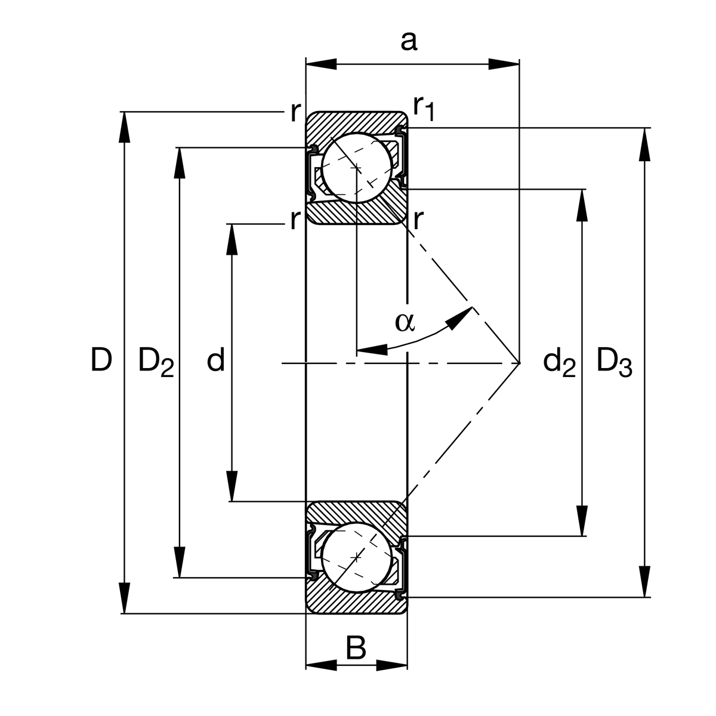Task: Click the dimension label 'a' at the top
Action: point(408,42)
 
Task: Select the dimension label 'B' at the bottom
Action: point(356,647)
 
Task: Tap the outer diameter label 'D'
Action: point(101,360)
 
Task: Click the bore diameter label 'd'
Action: point(216,361)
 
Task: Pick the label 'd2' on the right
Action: point(559,362)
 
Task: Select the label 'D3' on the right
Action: point(614,362)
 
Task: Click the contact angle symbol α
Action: point(404,322)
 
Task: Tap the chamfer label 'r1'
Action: point(424,108)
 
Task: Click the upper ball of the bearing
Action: point(356,168)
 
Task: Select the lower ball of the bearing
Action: point(356,556)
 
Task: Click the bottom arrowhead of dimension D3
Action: point(644,581)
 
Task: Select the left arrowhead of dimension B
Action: point(321,665)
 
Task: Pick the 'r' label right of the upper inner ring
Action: point(417,221)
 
